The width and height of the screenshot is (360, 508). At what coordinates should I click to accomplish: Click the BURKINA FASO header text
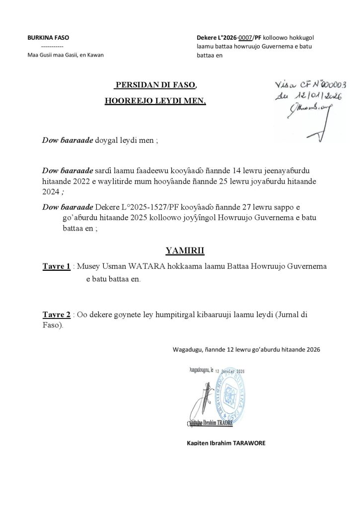click(48, 38)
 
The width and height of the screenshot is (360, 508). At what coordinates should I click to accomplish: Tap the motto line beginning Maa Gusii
click(65, 55)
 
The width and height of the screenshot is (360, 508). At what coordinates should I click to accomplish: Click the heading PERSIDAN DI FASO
click(156, 85)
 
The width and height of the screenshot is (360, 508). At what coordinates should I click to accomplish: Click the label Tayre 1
click(56, 267)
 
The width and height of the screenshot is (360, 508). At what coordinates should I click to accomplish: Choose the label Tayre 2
click(56, 315)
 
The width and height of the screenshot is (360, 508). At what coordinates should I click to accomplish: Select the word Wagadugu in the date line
click(188, 349)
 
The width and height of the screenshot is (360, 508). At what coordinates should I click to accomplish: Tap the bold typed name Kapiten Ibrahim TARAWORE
click(222, 443)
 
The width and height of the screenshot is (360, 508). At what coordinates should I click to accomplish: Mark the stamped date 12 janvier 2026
click(230, 371)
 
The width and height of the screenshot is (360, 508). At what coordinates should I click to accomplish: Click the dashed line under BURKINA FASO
click(48, 46)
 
